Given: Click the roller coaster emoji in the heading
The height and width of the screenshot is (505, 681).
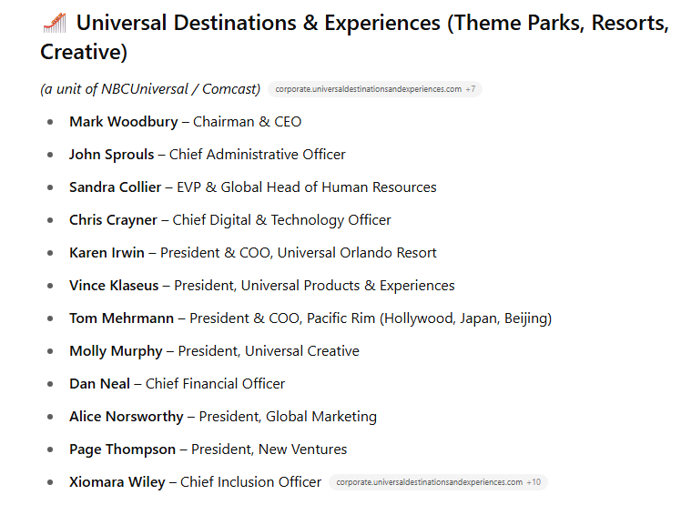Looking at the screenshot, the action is tap(55, 23).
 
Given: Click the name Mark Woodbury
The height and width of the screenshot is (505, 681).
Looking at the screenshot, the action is tap(124, 122).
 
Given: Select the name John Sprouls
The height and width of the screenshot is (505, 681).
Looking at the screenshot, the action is tap(112, 155).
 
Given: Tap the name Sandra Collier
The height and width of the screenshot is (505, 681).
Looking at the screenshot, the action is tap(115, 187).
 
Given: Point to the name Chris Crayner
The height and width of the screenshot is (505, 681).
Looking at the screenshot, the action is tap(113, 220).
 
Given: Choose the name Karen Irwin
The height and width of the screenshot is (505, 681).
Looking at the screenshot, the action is tap(107, 253).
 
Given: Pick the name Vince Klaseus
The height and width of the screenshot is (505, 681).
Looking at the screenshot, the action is tap(114, 286).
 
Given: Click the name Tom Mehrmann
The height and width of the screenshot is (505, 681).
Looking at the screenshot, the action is tap(122, 318).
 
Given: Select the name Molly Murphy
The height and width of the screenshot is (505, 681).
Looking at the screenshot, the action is tap(116, 351).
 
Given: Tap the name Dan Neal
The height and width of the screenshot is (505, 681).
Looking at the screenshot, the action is tap(99, 384).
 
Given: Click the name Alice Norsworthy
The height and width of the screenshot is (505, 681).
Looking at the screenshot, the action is tap(127, 417).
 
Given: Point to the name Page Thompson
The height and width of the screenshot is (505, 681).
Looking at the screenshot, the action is tap(123, 449).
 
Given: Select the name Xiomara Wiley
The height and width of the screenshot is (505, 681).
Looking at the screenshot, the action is tap(117, 482).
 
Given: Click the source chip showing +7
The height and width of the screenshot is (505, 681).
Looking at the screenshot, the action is tap(375, 89).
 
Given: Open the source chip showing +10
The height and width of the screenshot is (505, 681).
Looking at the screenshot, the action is tap(438, 482).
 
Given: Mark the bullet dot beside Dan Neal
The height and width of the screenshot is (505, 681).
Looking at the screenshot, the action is tap(50, 384).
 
